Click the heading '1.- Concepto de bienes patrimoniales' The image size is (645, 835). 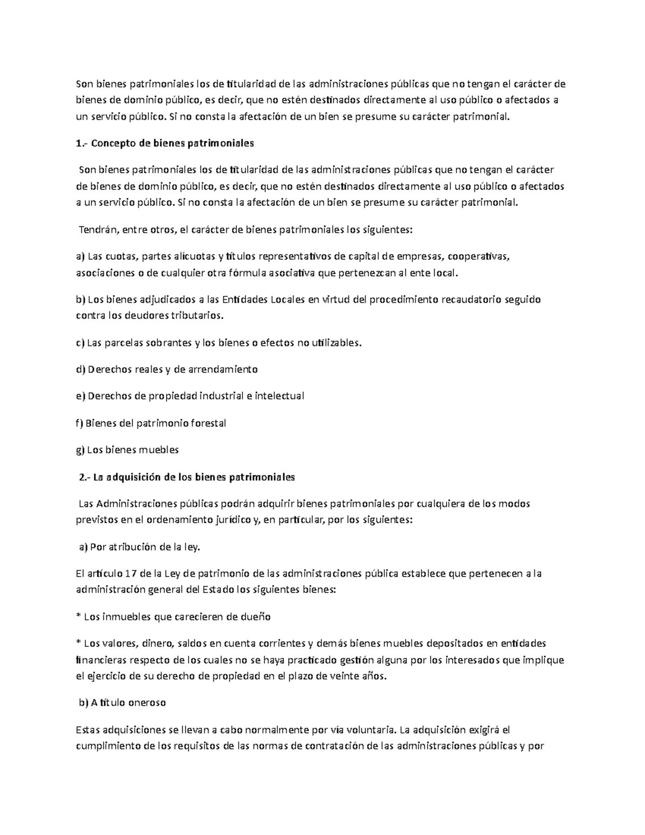[x=165, y=144]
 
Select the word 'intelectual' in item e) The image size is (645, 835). [x=279, y=396]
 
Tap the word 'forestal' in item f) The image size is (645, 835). [x=208, y=423]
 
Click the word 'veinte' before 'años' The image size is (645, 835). [x=342, y=676]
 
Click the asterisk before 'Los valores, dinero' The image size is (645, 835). [x=78, y=643]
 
